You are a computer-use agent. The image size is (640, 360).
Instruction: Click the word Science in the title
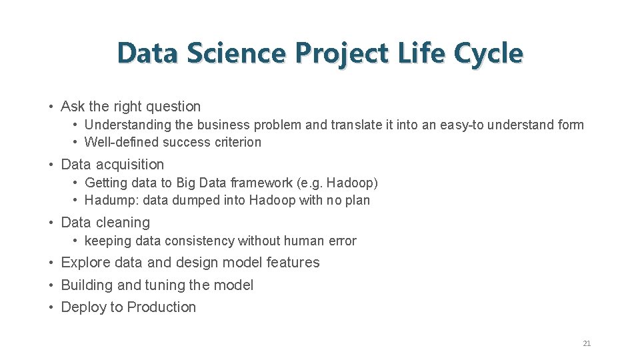click(x=237, y=53)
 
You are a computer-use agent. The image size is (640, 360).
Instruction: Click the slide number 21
click(x=587, y=343)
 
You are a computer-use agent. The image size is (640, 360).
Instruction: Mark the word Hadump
click(x=107, y=200)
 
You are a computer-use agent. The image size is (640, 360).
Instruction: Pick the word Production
click(x=161, y=307)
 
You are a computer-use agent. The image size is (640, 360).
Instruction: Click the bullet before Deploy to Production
click(x=51, y=307)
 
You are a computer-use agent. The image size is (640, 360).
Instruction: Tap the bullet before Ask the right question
click(x=51, y=107)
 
